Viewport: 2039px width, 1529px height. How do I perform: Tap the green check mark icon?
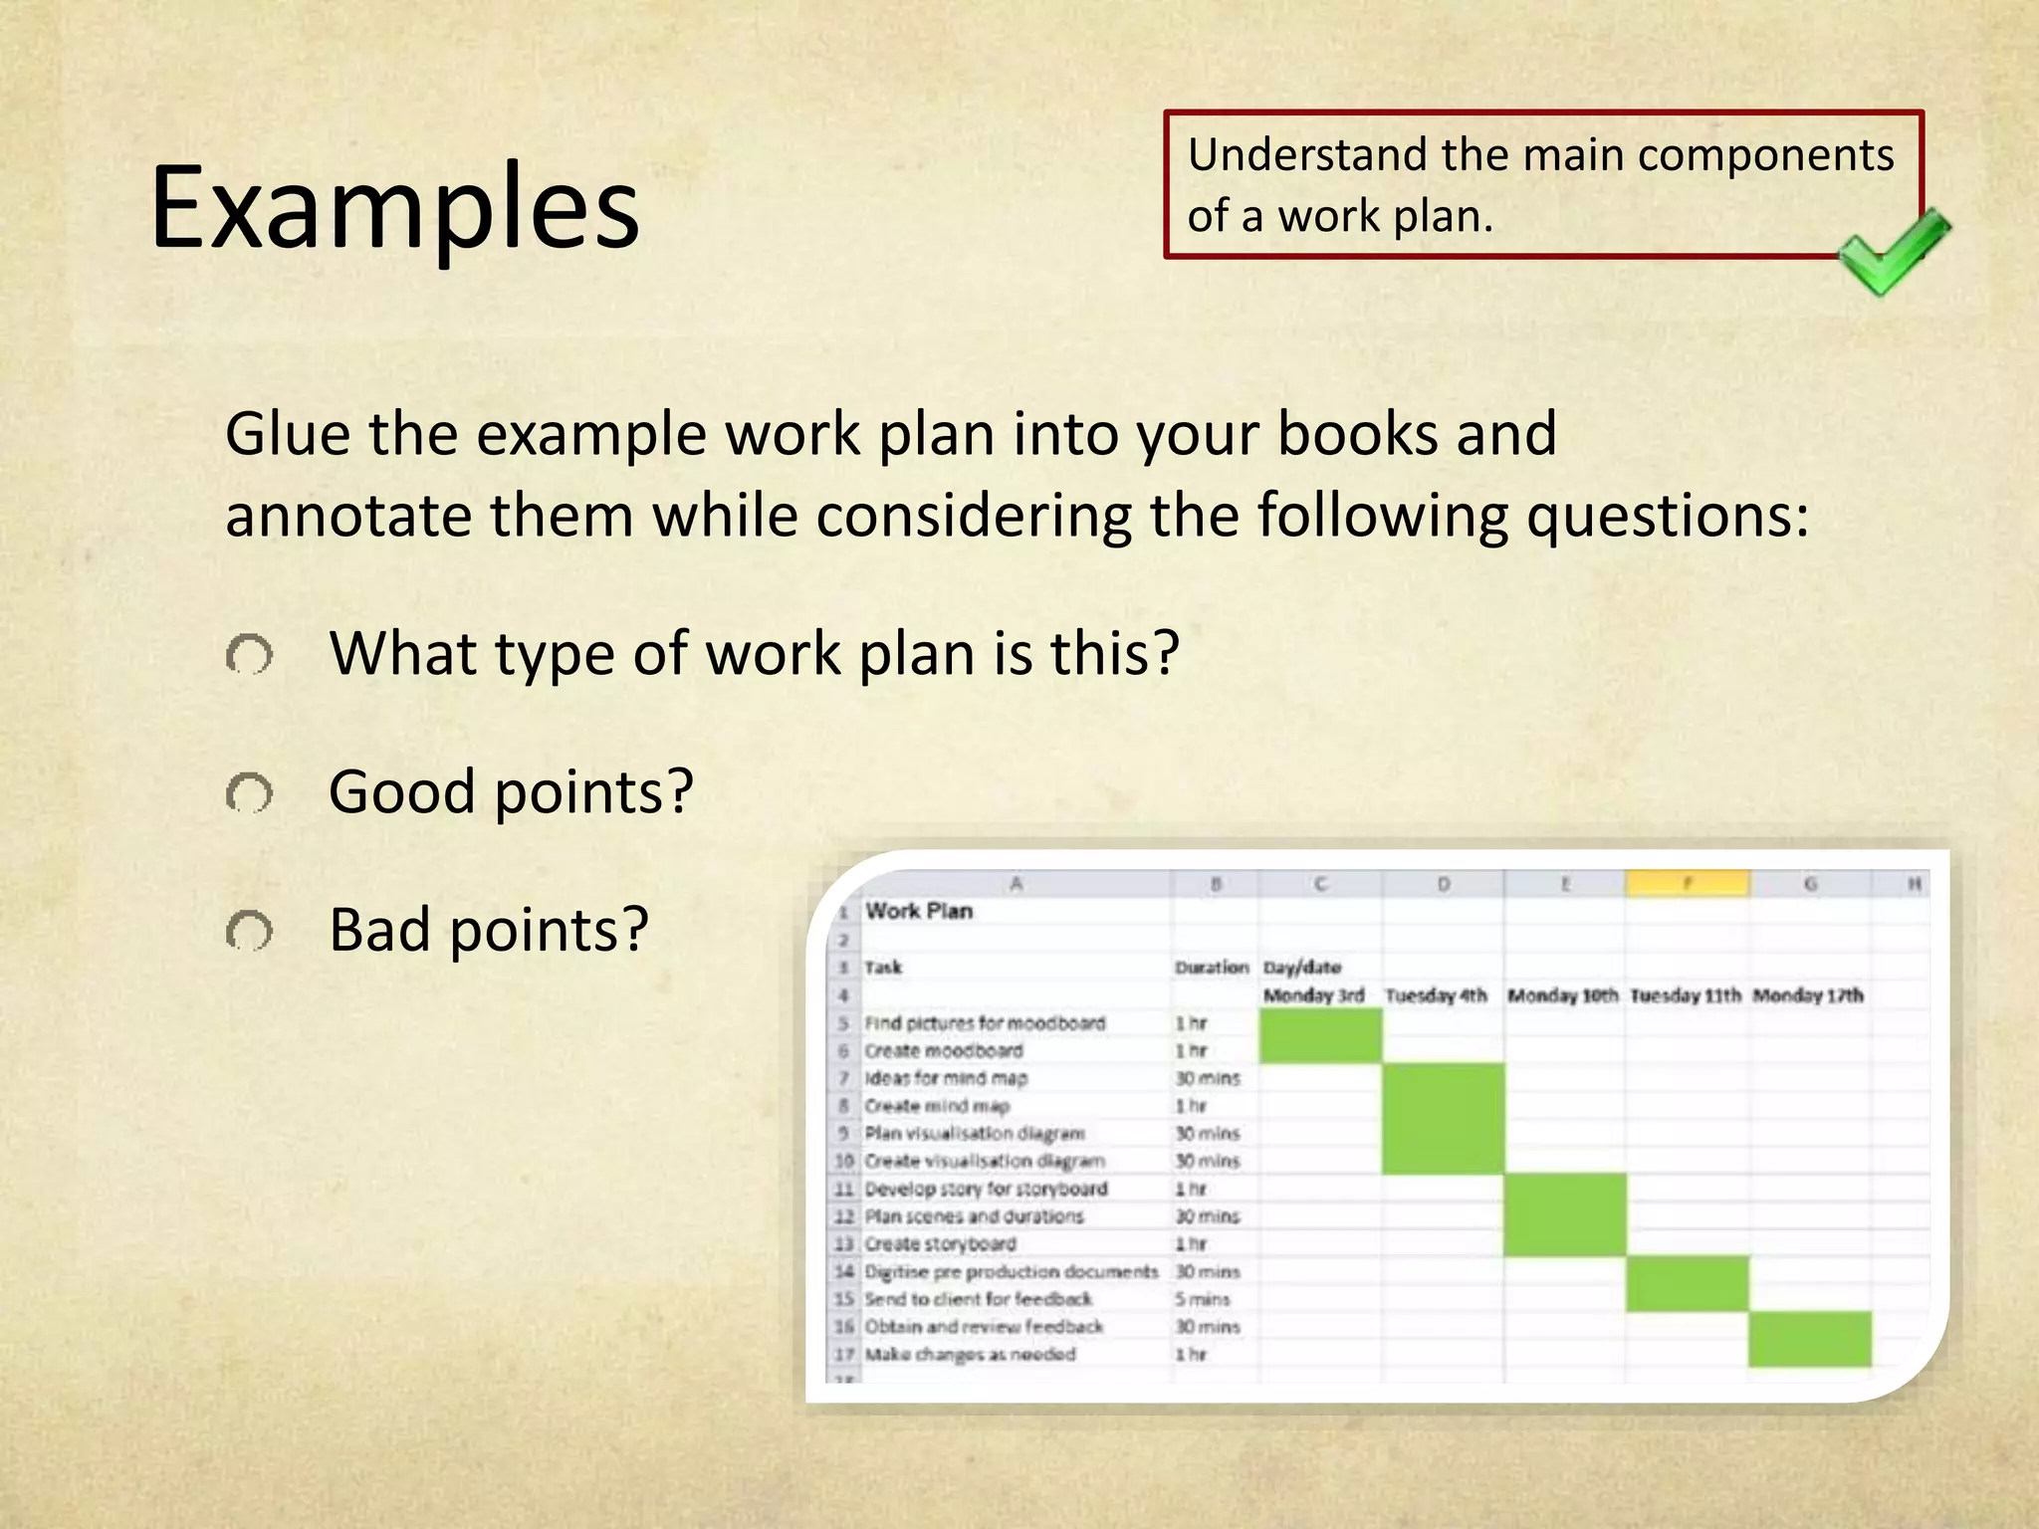(1892, 252)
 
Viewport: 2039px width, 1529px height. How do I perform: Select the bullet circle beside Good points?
(249, 794)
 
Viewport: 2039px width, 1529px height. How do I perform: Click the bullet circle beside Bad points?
(249, 932)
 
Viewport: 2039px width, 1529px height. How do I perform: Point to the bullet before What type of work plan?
(249, 656)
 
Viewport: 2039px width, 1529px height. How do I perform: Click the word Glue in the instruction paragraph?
(287, 435)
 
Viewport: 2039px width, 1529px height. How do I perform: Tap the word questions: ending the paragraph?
(1668, 517)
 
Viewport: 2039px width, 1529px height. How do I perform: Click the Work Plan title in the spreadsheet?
(918, 911)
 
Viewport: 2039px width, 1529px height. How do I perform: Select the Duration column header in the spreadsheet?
(1211, 967)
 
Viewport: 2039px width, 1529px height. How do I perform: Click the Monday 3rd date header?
(1313, 994)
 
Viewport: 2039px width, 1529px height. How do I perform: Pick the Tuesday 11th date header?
(1686, 994)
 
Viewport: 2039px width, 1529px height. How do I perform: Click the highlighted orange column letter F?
(1687, 883)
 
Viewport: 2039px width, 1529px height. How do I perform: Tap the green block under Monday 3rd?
(1320, 1035)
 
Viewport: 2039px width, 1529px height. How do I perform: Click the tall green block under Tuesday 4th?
(1443, 1118)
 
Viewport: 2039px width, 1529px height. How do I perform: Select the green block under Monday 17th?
(1809, 1339)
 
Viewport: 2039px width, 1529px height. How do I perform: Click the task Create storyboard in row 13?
(940, 1244)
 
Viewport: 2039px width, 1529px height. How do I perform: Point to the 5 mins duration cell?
(1202, 1299)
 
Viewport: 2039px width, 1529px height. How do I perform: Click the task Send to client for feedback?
(978, 1299)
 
